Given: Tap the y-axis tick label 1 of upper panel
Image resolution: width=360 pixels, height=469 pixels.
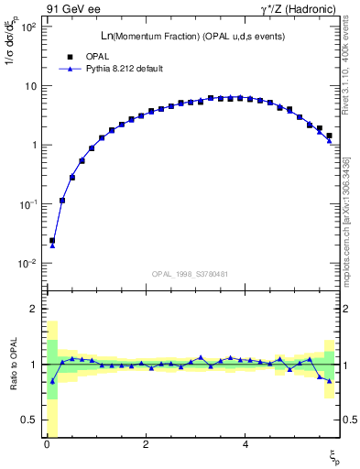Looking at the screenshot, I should tap(32, 145).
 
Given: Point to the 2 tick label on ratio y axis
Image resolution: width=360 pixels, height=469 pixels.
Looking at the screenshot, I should tap(33, 309).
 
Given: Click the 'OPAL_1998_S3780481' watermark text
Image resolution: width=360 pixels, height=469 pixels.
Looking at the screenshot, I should tap(191, 273).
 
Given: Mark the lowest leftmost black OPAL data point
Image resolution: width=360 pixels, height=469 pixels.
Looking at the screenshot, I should tap(52, 241).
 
